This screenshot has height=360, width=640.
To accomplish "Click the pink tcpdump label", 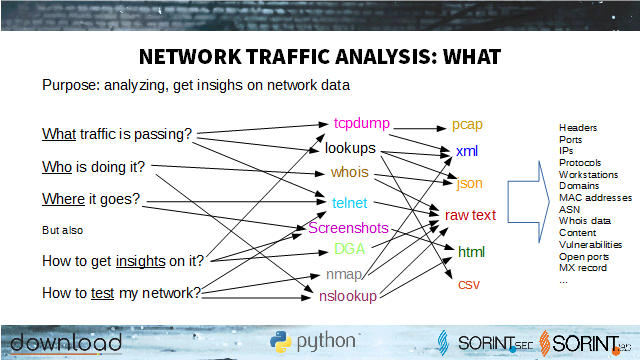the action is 362,123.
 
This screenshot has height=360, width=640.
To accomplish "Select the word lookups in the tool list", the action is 350,148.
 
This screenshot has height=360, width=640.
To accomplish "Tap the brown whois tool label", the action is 349,172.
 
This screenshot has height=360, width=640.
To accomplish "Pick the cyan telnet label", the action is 349,203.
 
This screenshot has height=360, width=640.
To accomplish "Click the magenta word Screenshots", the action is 348,228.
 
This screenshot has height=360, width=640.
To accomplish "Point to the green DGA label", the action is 349,249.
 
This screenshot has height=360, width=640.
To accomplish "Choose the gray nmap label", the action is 344,275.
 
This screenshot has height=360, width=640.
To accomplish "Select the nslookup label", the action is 348,296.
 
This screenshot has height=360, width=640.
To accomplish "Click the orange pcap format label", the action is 467,124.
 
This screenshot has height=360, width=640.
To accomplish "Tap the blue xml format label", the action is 467,151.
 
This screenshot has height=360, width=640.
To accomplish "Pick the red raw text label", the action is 470,215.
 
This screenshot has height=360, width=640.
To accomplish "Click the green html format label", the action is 471,252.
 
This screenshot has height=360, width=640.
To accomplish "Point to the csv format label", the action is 469,284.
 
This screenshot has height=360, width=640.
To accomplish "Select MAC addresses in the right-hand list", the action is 596,198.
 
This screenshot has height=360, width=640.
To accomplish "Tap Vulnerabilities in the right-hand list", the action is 590,245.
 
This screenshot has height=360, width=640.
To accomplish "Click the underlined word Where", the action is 63,199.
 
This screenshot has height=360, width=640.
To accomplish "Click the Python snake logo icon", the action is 280,342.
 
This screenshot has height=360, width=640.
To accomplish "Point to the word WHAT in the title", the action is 472,57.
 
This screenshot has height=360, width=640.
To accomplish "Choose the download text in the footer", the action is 66,342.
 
